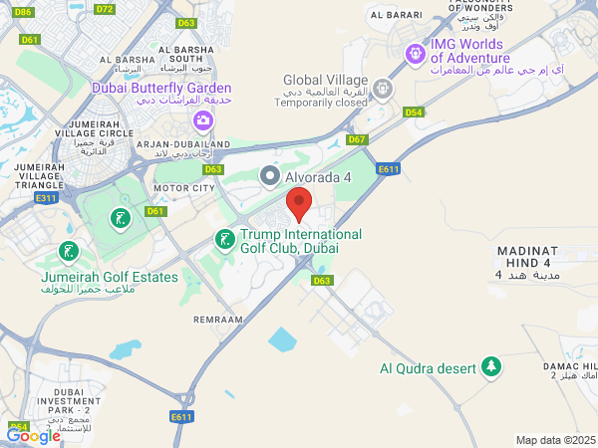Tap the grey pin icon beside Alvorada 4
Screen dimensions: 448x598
tap(269, 176)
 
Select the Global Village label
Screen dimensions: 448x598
tap(325, 80)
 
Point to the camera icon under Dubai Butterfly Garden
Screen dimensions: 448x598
tap(202, 119)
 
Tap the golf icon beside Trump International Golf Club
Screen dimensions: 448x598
tap(225, 239)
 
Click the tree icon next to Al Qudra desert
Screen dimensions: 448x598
tap(490, 367)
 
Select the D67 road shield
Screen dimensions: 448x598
tap(357, 139)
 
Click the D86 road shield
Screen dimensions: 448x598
tap(24, 12)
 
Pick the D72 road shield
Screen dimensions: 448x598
tap(105, 9)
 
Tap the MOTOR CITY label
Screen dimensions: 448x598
tap(183, 187)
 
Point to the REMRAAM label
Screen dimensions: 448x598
tap(218, 321)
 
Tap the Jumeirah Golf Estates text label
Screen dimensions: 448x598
tap(109, 278)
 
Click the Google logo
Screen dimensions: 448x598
tap(33, 435)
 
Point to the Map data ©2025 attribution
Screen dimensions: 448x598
tap(555, 440)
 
